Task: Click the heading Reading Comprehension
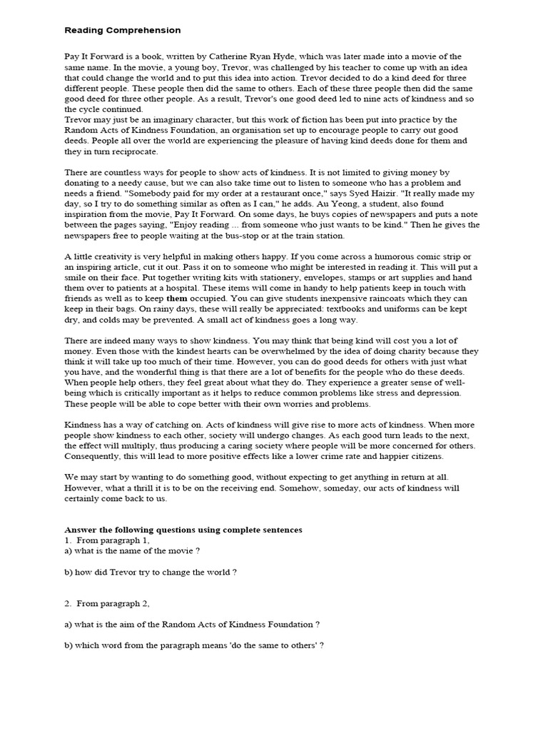[x=122, y=31]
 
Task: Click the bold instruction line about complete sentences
[x=183, y=530]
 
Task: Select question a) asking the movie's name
[x=132, y=550]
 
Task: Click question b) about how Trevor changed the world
[x=151, y=572]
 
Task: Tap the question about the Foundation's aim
[x=192, y=624]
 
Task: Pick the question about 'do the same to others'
[x=194, y=645]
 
